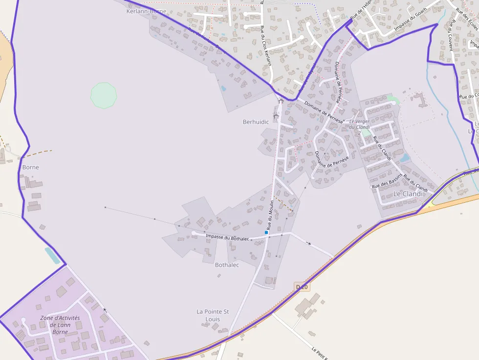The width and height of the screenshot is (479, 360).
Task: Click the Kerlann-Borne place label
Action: [146, 11]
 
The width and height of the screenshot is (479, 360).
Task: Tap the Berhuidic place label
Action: [256, 122]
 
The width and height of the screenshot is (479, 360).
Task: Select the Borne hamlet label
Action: [30, 167]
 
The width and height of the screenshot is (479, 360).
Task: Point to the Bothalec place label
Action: [227, 265]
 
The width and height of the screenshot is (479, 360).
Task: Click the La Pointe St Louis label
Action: [213, 315]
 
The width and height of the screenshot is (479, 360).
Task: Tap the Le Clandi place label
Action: [407, 193]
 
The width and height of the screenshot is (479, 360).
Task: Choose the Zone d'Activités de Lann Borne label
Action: [60, 325]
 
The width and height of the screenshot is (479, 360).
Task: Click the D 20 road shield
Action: [303, 287]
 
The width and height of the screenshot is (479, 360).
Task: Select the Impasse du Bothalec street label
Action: [228, 237]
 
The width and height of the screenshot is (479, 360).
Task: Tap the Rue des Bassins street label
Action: [387, 181]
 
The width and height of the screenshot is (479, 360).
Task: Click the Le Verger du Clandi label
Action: [359, 124]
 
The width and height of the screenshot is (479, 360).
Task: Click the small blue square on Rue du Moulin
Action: [266, 233]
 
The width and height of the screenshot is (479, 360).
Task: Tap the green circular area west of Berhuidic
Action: [104, 95]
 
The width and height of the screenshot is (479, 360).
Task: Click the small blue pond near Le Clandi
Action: [405, 158]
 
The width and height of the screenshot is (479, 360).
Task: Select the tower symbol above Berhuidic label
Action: [281, 101]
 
